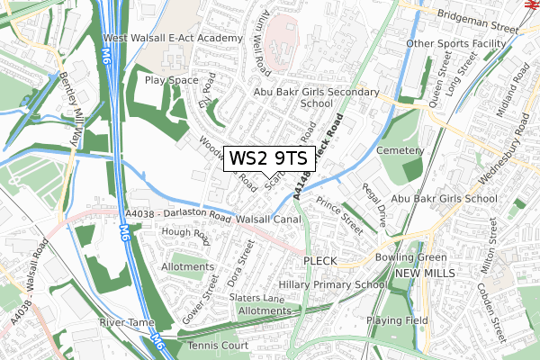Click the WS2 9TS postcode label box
(x=268, y=158)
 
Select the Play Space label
(x=171, y=80)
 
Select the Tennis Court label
(x=219, y=346)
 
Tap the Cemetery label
(x=400, y=149)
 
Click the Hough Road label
(x=184, y=236)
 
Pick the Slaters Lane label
(x=256, y=298)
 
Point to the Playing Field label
(x=402, y=319)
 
